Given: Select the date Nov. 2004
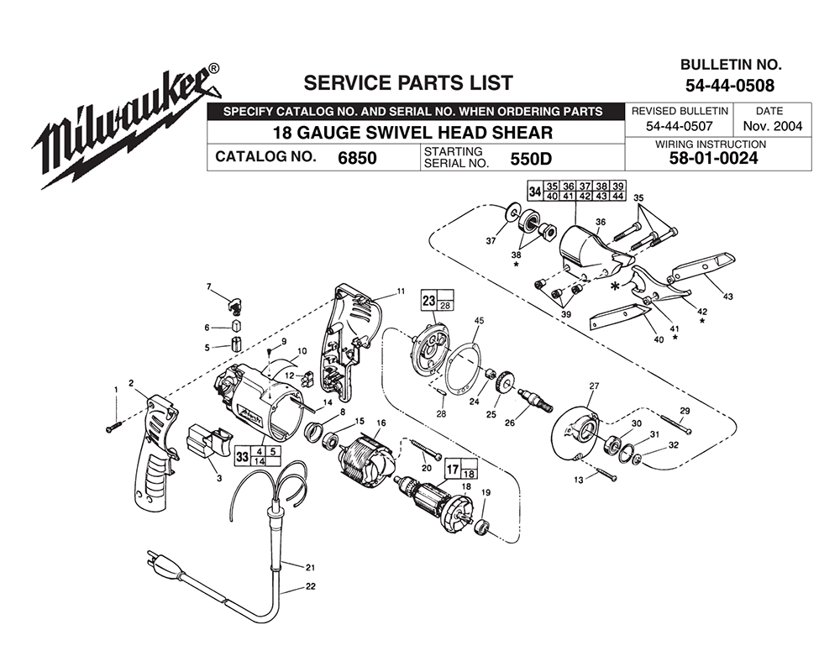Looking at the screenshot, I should pos(769,127).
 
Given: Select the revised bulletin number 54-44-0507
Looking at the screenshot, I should pos(679,127).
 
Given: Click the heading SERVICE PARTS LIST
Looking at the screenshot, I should pos(407,82).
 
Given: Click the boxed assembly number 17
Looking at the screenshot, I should pos(451,470).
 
